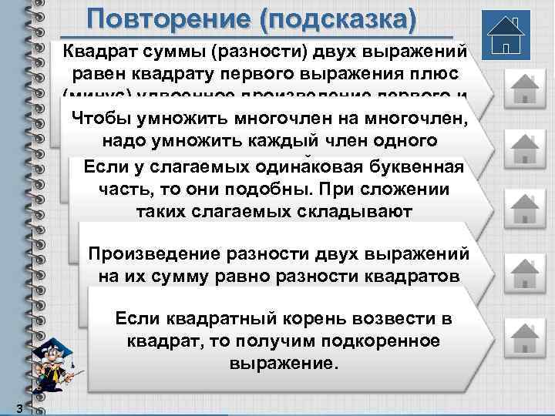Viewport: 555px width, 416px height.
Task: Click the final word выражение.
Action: pyautogui.click(x=283, y=363)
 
